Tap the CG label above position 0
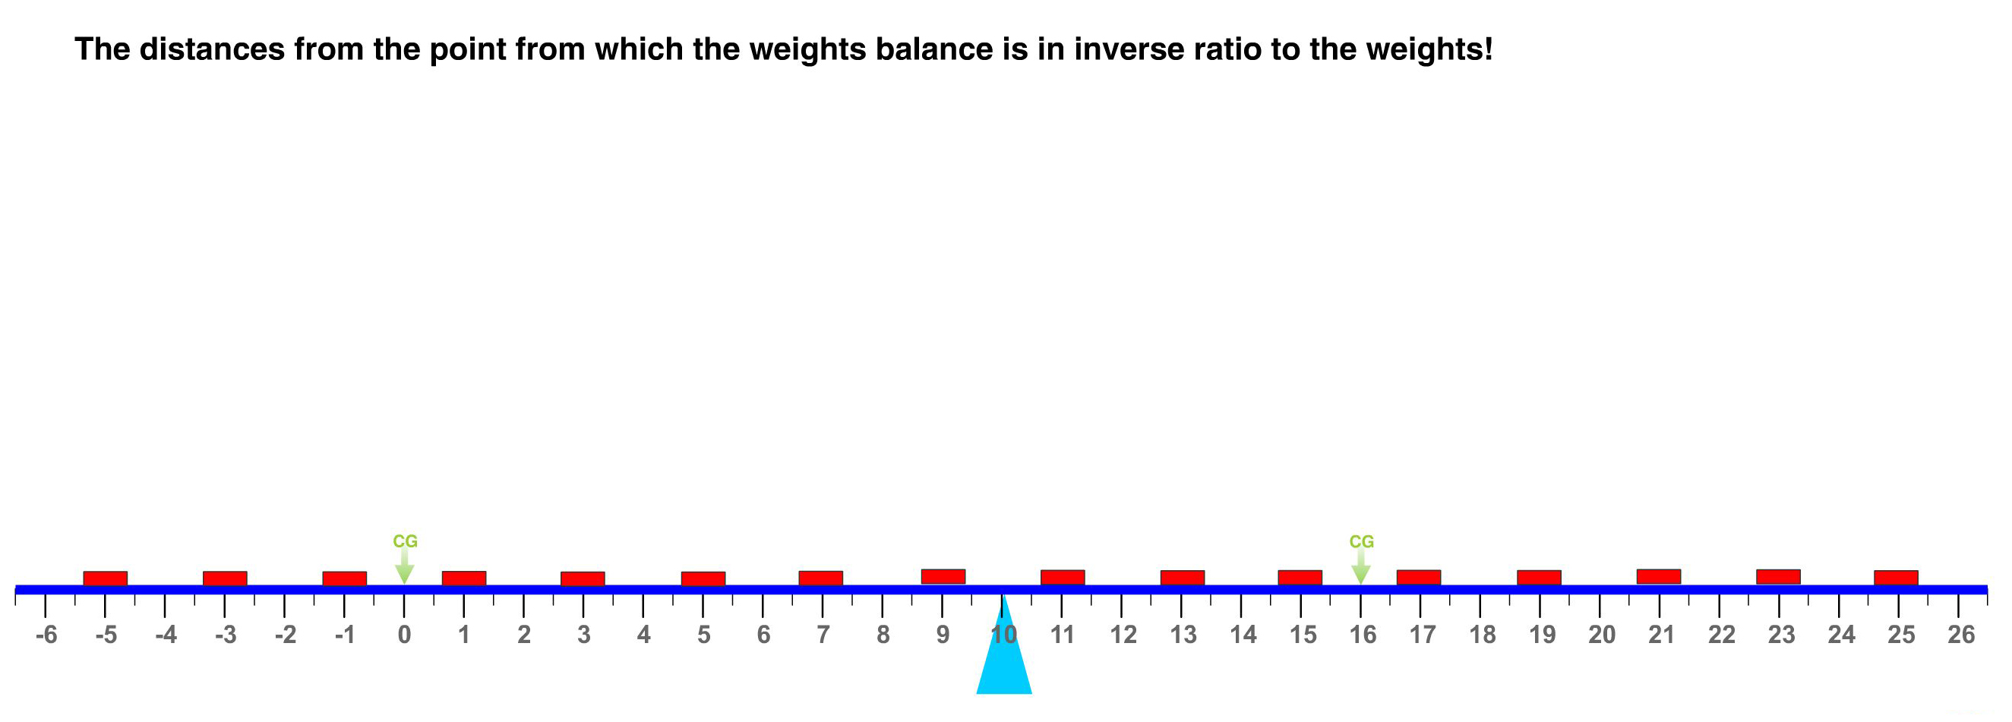[405, 541]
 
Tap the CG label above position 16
[1361, 541]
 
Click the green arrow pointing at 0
[404, 566]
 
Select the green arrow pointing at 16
[1360, 566]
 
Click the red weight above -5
[106, 579]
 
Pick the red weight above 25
[1896, 578]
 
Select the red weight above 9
[943, 577]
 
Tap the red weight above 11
[1063, 578]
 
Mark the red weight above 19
[1539, 578]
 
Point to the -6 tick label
[46, 635]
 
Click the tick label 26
[1960, 635]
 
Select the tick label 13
[1183, 635]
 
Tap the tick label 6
[763, 635]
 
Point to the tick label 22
[1721, 635]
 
